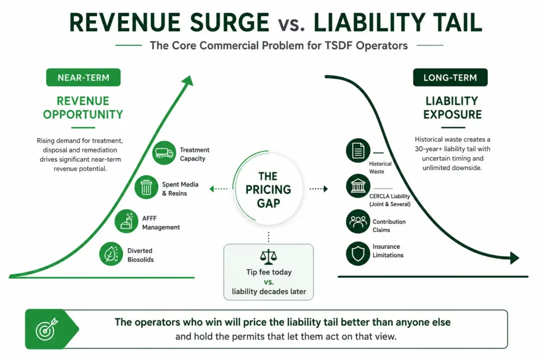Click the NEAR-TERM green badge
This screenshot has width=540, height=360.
pos(83,77)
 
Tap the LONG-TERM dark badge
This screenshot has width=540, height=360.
pos(450,77)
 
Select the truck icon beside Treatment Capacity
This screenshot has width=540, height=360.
pos(164,153)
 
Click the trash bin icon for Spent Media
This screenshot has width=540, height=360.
pos(147,187)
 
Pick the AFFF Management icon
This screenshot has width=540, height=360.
pos(127,221)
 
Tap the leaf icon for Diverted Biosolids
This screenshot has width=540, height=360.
pos(111,254)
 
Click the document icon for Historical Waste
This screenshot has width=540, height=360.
pos(358,150)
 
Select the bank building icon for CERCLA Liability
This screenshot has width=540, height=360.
pos(358,186)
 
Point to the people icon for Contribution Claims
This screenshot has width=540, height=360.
pos(358,221)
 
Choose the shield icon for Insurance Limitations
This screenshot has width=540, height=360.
pos(358,254)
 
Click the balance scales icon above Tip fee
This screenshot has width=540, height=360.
pos(268,257)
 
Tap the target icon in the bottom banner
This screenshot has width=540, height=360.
pos(47,329)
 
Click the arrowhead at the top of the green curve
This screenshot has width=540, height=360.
pos(188,81)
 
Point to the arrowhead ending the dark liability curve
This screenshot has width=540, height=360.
pos(515,258)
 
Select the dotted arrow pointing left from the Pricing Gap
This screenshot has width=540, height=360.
pos(218,189)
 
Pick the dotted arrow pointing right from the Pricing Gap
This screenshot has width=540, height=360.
pos(319,189)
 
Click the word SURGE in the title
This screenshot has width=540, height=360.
pos(229,23)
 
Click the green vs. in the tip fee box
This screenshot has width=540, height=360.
pos(269,282)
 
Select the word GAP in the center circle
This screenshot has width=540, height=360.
pos(268,203)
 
